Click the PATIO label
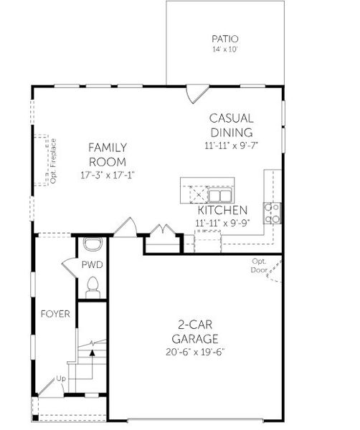tap(225, 39)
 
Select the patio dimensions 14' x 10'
tap(225, 50)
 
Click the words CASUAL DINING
tap(231, 125)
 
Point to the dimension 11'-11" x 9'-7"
tap(231, 145)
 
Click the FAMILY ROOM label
tap(108, 154)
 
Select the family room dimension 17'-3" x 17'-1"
tap(108, 174)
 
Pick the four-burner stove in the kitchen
tap(272, 213)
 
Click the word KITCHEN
tap(222, 210)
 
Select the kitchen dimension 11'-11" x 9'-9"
tap(222, 223)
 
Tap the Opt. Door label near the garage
tap(259, 265)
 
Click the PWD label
tap(93, 264)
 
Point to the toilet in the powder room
tap(92, 288)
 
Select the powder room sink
tap(92, 244)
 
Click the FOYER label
tap(55, 314)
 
